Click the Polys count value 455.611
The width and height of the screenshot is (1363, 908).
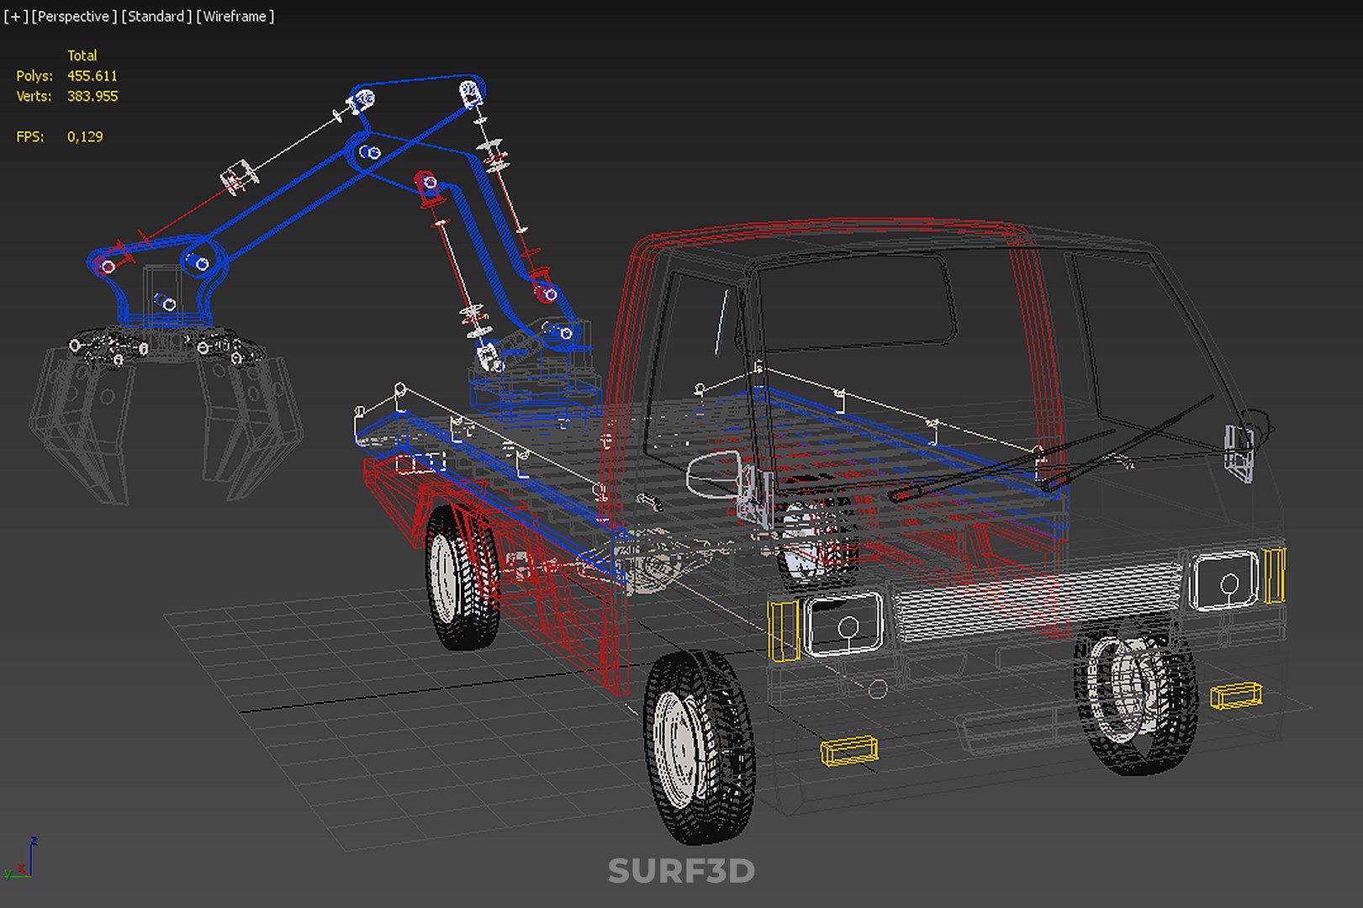pyautogui.click(x=92, y=76)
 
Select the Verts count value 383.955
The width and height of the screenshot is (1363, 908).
pyautogui.click(x=92, y=96)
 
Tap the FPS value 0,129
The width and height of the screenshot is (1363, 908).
pyautogui.click(x=85, y=137)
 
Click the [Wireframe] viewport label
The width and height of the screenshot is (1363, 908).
pyautogui.click(x=235, y=17)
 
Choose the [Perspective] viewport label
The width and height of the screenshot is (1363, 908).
pyautogui.click(x=74, y=17)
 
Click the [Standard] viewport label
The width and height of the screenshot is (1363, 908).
pyautogui.click(x=156, y=17)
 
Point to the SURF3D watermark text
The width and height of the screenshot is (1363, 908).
pyautogui.click(x=681, y=871)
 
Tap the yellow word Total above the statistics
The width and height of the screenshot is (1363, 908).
pyautogui.click(x=82, y=55)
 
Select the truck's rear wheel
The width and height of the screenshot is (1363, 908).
pyautogui.click(x=462, y=576)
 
